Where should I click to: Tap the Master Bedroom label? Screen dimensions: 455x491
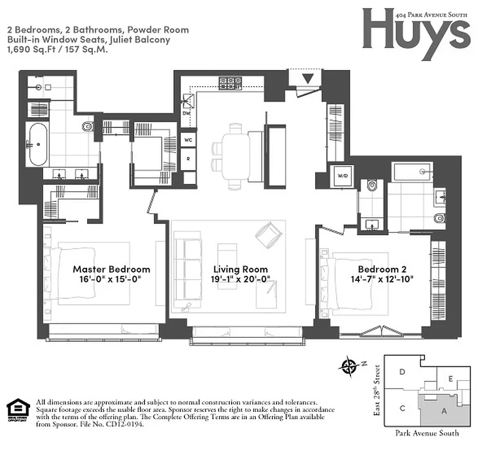112,269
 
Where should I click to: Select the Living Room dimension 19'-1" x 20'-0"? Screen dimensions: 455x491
241,279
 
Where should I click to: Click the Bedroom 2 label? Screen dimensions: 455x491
381,269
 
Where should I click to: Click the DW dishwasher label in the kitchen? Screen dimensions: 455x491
186,113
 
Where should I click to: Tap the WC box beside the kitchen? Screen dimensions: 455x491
188,139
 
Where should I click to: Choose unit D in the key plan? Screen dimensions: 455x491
402,372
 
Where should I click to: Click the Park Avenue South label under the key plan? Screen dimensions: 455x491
427,433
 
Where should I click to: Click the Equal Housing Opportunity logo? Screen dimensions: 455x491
17,410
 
